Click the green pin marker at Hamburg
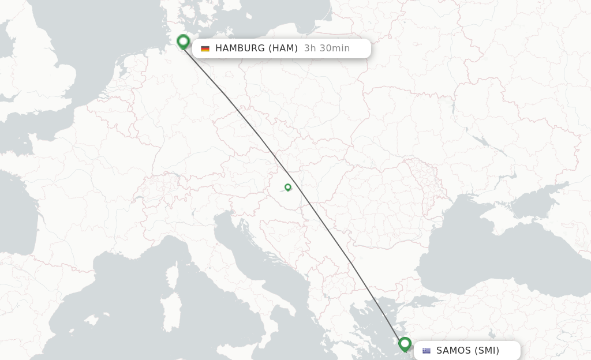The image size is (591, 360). tap(183, 42)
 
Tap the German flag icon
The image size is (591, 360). tap(205, 48)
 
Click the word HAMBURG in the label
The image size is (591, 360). tap(240, 48)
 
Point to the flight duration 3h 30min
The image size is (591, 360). tap(327, 48)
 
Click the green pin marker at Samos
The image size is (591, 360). tap(405, 344)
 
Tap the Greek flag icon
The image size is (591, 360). tap(427, 351)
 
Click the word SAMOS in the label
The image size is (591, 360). tap(454, 351)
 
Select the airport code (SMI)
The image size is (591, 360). tap(487, 351)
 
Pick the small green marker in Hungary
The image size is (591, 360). tap(287, 187)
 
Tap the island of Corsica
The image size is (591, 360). tap(171, 277)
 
